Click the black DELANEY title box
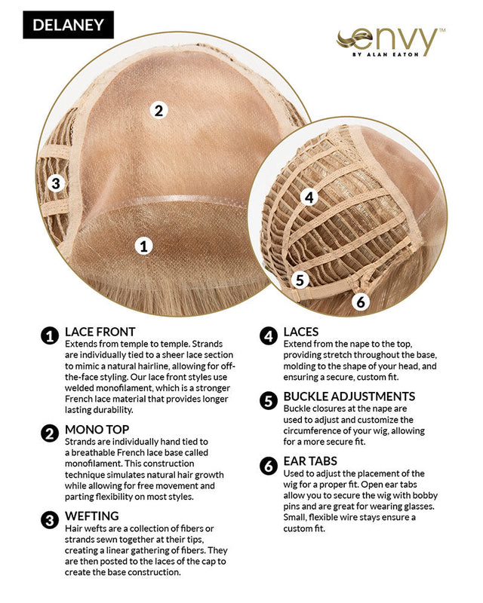(x=68, y=25)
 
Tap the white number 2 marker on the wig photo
(x=158, y=110)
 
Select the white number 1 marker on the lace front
(x=143, y=246)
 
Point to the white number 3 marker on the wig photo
(x=56, y=183)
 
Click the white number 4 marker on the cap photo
(x=309, y=197)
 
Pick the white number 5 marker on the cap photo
(x=300, y=280)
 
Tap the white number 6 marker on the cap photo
(x=361, y=301)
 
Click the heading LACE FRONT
(x=100, y=332)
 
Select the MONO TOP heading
(x=97, y=430)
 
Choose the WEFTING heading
(x=91, y=516)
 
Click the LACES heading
(x=301, y=332)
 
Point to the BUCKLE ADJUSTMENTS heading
(x=349, y=396)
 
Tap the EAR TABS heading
(x=310, y=461)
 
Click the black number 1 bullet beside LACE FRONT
(x=50, y=336)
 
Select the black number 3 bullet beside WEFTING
(x=50, y=520)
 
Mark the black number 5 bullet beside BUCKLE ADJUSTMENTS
(x=269, y=401)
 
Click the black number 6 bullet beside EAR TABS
(x=269, y=466)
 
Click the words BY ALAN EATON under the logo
(x=385, y=54)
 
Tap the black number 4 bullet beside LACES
(x=269, y=336)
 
